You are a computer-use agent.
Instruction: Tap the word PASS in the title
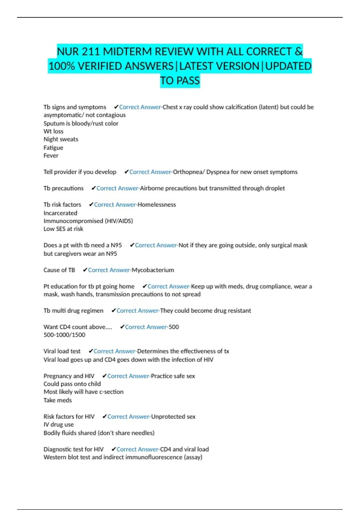(188, 81)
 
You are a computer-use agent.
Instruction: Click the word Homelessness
(157, 205)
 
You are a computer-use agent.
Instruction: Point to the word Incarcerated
(60, 213)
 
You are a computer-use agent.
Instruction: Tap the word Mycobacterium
(153, 270)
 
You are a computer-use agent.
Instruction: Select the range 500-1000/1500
(64, 335)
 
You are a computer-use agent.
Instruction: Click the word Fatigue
(53, 148)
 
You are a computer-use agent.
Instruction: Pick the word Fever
(51, 155)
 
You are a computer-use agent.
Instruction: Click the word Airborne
(152, 188)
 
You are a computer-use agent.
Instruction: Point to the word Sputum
(54, 123)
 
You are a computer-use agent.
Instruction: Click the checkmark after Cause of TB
(85, 270)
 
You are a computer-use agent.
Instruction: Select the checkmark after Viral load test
(91, 351)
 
